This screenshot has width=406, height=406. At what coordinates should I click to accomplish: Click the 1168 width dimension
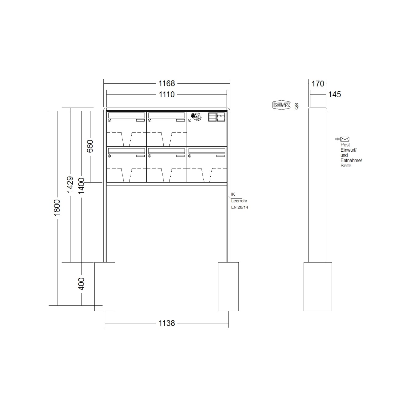[x=166, y=83]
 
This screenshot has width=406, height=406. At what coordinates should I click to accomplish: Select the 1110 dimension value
[x=166, y=94]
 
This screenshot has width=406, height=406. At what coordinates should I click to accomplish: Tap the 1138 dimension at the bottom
[x=166, y=323]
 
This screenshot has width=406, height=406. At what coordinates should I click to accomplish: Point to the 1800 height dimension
[x=57, y=207]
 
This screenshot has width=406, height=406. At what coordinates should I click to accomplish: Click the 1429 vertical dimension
[x=70, y=185]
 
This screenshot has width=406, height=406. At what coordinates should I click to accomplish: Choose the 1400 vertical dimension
[x=81, y=186]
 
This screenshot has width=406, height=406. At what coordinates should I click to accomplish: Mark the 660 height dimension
[x=90, y=146]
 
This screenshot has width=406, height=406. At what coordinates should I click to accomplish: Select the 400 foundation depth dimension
[x=81, y=284]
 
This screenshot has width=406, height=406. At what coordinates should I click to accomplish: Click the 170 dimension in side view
[x=318, y=83]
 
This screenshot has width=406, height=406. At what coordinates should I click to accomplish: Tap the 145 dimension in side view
[x=335, y=94]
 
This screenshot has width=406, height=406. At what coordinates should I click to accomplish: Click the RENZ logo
[x=281, y=105]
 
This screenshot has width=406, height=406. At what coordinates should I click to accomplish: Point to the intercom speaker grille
[x=196, y=117]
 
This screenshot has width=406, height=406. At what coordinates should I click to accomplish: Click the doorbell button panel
[x=217, y=117]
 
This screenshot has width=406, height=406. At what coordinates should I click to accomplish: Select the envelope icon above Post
[x=345, y=139]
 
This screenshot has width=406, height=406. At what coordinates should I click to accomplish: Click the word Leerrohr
[x=239, y=201]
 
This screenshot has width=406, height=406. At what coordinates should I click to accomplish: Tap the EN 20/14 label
[x=240, y=207]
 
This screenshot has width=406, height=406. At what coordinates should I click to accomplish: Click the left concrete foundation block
[x=105, y=286]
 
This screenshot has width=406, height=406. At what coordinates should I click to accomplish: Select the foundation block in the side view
[x=318, y=286]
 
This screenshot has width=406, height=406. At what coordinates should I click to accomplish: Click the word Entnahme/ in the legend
[x=351, y=161]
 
